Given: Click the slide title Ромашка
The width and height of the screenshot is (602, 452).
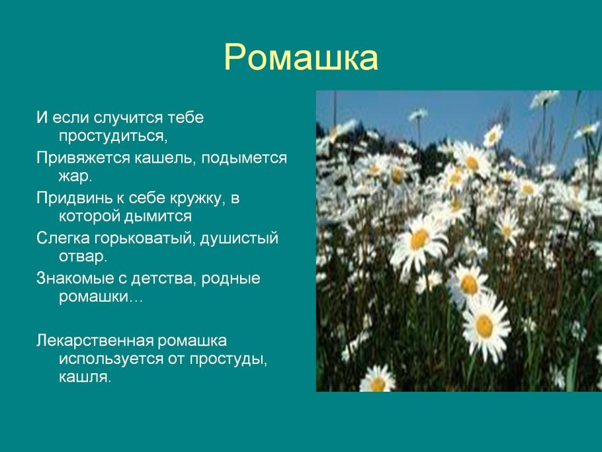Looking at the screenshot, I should point(301,58).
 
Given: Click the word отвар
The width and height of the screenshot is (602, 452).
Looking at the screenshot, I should point(83,255).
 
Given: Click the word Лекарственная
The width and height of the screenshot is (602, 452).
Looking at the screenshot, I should point(94,341).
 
